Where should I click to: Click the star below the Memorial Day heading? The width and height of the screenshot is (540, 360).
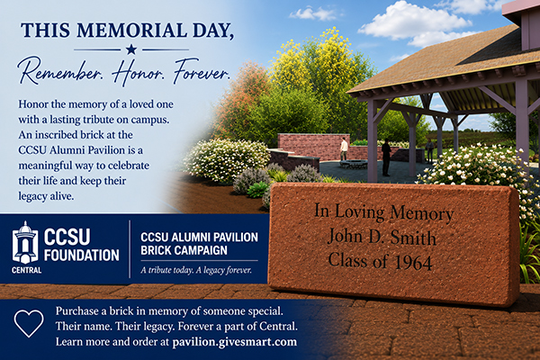pos(130,49)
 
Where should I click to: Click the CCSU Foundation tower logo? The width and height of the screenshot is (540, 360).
pos(25,243)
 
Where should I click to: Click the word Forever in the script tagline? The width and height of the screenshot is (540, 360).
pos(202,71)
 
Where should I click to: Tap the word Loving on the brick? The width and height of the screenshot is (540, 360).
pos(359,212)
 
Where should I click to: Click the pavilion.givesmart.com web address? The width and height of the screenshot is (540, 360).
pos(235,342)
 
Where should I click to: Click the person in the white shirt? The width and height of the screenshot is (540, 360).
pos(344,148)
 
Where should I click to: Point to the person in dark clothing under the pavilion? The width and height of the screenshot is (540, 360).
pos(386,157)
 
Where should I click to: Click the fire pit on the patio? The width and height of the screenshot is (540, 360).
pos(354,164)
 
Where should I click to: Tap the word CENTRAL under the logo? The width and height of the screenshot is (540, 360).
pos(26,270)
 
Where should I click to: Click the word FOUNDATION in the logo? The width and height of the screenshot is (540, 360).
pos(82,256)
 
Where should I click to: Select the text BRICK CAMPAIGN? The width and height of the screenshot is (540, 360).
pos(184,250)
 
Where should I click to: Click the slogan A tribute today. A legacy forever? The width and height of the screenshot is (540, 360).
pos(196,270)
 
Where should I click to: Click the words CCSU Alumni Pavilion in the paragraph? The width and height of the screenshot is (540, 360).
pos(71,150)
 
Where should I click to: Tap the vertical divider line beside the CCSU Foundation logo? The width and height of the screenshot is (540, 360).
pos(130,248)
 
